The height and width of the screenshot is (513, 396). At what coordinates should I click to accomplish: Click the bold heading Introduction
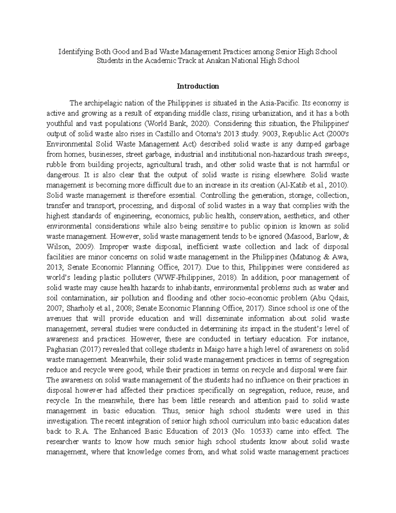pos(198,87)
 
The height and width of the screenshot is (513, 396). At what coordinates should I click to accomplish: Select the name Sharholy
pos(77,308)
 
